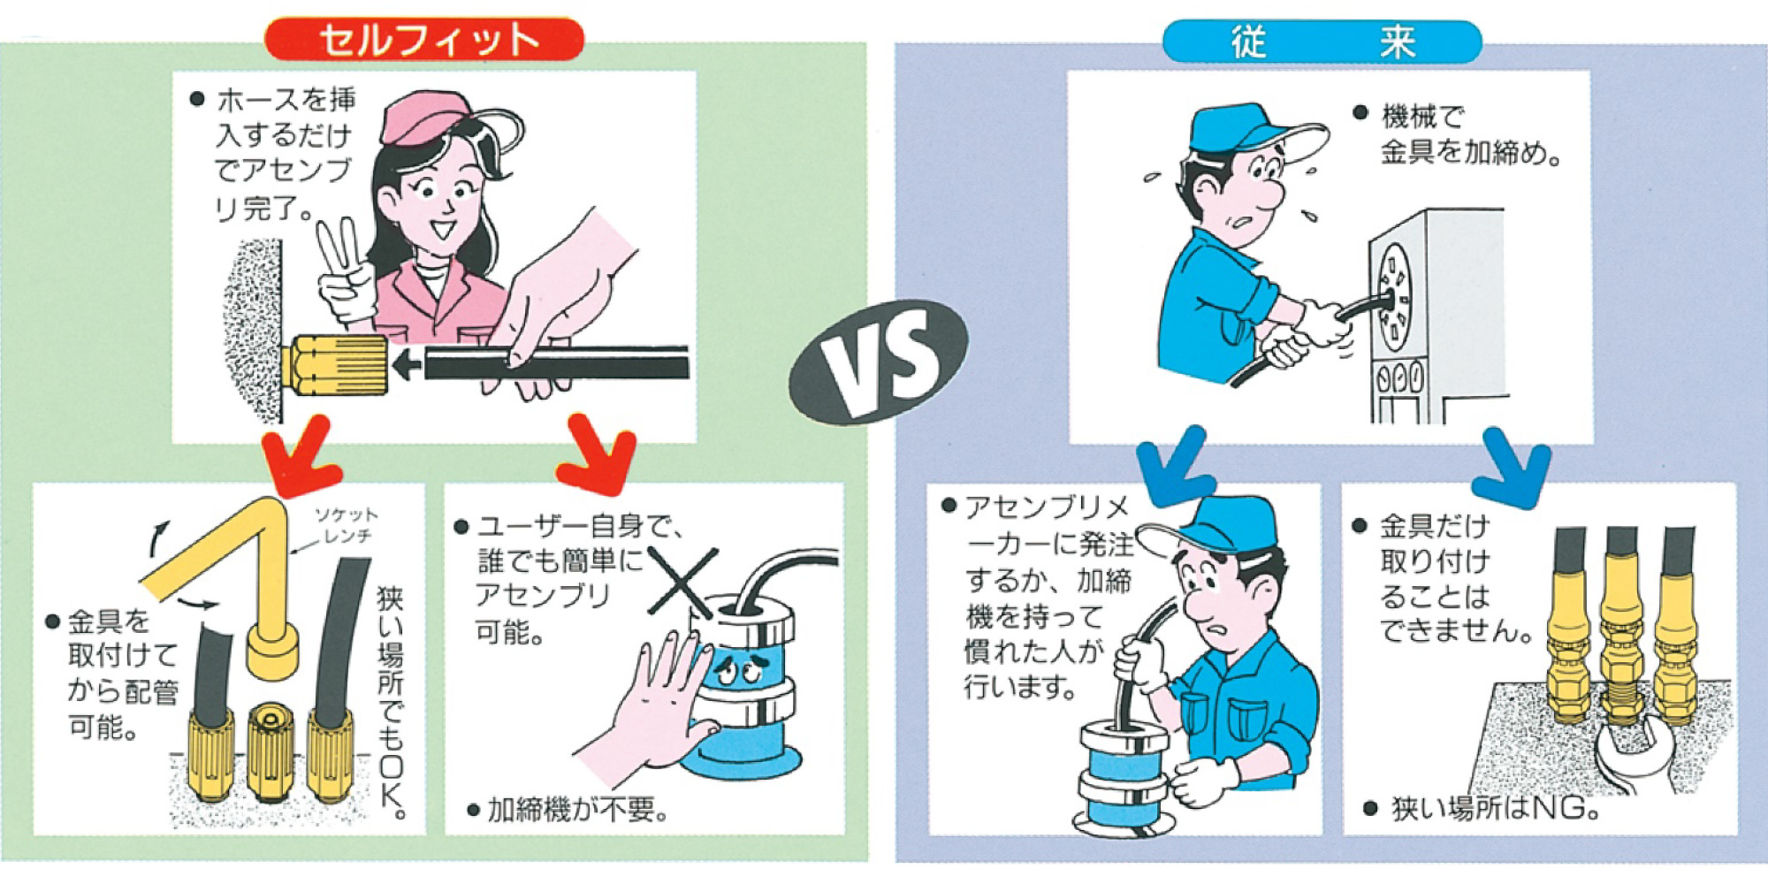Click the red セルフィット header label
425,40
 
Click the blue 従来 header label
1322,42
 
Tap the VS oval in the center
879,362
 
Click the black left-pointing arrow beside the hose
407,363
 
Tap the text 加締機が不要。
570,808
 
